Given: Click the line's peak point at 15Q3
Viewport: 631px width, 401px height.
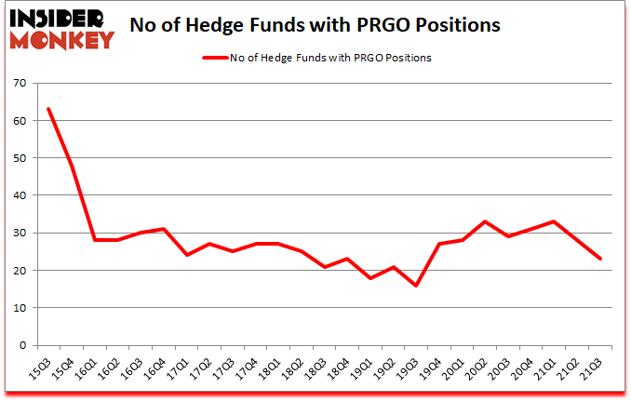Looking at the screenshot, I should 48,110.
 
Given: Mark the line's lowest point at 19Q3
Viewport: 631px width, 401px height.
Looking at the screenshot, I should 415,286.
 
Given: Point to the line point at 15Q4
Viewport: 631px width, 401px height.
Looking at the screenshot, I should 72,166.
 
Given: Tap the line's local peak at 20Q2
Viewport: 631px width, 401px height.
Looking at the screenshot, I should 484,221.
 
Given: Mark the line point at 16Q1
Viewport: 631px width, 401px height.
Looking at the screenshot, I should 94,240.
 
